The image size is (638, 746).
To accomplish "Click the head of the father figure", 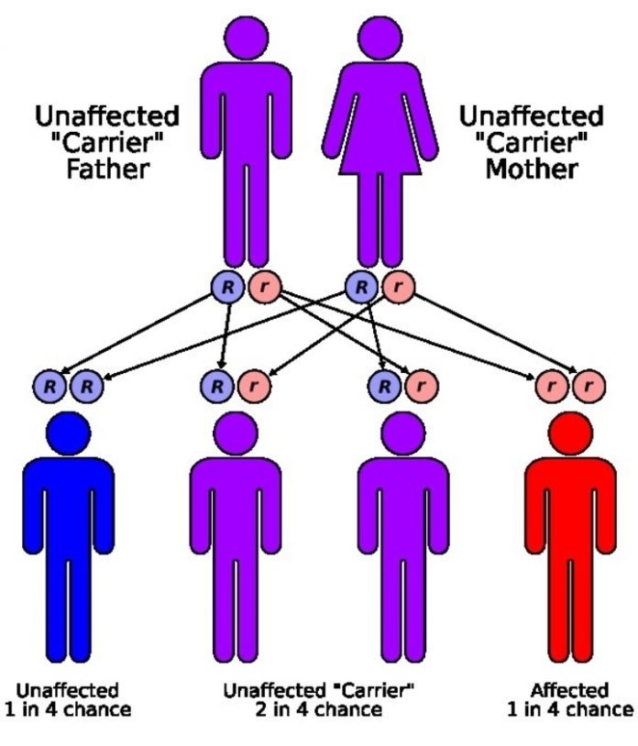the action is tap(246, 38).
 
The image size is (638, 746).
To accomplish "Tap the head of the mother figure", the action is tap(379, 38).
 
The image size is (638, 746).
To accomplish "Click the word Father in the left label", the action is tap(108, 169).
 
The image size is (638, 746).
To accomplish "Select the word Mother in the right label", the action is tap(532, 169).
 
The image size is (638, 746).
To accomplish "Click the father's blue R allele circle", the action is tap(227, 287).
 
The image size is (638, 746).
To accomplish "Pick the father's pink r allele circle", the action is tap(265, 287).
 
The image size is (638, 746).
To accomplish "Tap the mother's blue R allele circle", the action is tap(361, 287).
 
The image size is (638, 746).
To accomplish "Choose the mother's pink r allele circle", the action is tap(398, 287).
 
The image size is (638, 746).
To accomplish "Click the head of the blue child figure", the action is tap(69, 433).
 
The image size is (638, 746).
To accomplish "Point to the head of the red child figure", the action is tap(570, 433).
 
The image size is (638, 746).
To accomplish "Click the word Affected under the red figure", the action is tap(569, 690).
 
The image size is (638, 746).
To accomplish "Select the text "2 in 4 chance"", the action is tap(319, 709).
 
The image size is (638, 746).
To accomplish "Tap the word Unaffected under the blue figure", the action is tap(67, 690).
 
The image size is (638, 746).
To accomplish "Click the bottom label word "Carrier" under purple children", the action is tap(371, 690).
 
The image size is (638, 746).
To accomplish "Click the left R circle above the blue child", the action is tap(49, 386).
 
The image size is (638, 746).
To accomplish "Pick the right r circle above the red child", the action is tap(589, 385).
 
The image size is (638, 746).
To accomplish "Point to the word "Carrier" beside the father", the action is tap(107, 142).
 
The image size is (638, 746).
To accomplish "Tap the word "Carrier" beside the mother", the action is tap(532, 142).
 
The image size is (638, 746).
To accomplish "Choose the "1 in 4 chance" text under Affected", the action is tap(570, 709).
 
